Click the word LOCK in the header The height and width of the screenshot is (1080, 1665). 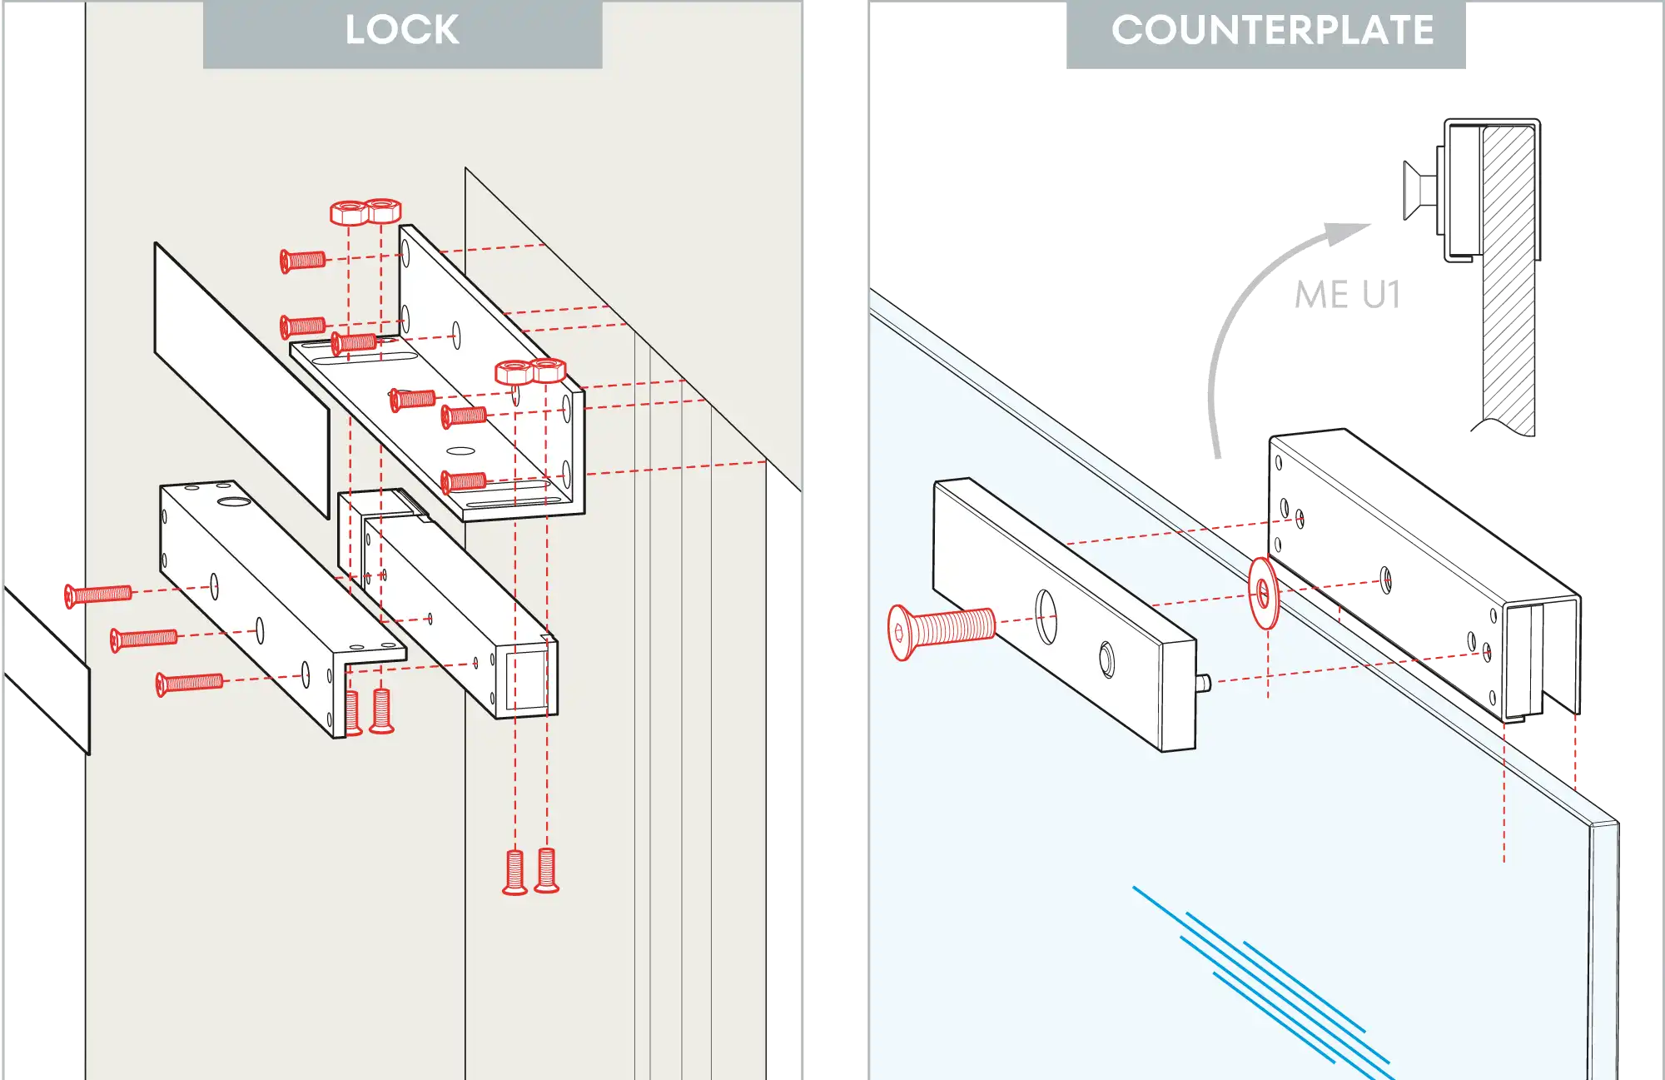point(401,31)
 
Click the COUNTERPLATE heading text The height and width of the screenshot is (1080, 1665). point(1272,31)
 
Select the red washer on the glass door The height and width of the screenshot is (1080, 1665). point(1264,594)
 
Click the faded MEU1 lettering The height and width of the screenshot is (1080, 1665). point(1345,296)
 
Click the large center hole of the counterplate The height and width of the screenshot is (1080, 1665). point(1046,616)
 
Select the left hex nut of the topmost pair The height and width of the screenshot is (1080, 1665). point(349,212)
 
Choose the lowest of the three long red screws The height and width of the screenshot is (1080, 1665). point(190,684)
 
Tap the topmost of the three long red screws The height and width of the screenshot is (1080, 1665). point(98,594)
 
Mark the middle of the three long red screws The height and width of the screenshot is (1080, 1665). point(144,639)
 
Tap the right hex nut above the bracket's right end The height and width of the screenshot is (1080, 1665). point(549,371)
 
